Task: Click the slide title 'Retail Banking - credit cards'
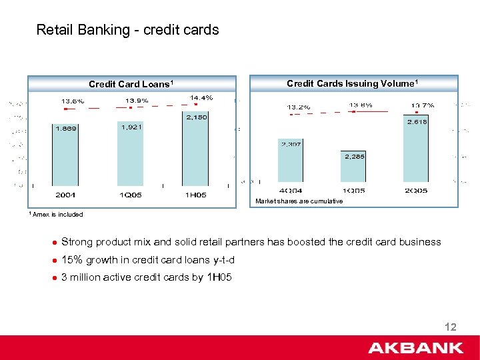pos(127,30)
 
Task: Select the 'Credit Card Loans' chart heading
pos(131,84)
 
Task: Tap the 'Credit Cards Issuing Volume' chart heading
pos(352,83)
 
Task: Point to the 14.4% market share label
pos(201,97)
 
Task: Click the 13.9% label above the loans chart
pos(137,100)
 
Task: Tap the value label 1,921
pos(131,127)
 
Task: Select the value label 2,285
pos(354,156)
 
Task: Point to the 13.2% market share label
pos(299,107)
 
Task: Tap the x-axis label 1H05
pos(195,195)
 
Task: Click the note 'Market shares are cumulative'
pos(299,201)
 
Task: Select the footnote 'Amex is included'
pos(56,214)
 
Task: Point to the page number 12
pos(450,327)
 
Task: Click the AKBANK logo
pos(415,347)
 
